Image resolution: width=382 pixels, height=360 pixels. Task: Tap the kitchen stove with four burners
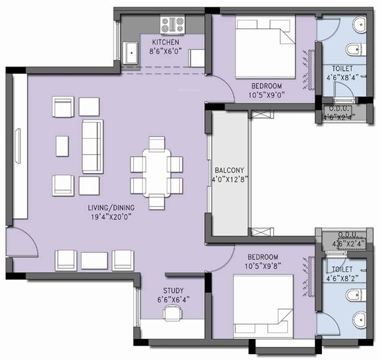coord(173,25)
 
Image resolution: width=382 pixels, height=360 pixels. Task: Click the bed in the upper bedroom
coord(262,49)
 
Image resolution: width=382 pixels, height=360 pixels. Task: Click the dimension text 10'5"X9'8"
coord(267,266)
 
